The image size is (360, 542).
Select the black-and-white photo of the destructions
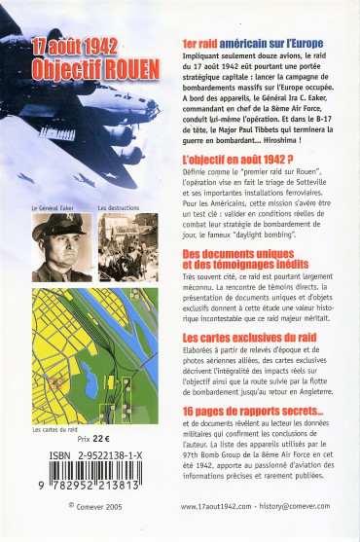(x=126, y=244)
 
